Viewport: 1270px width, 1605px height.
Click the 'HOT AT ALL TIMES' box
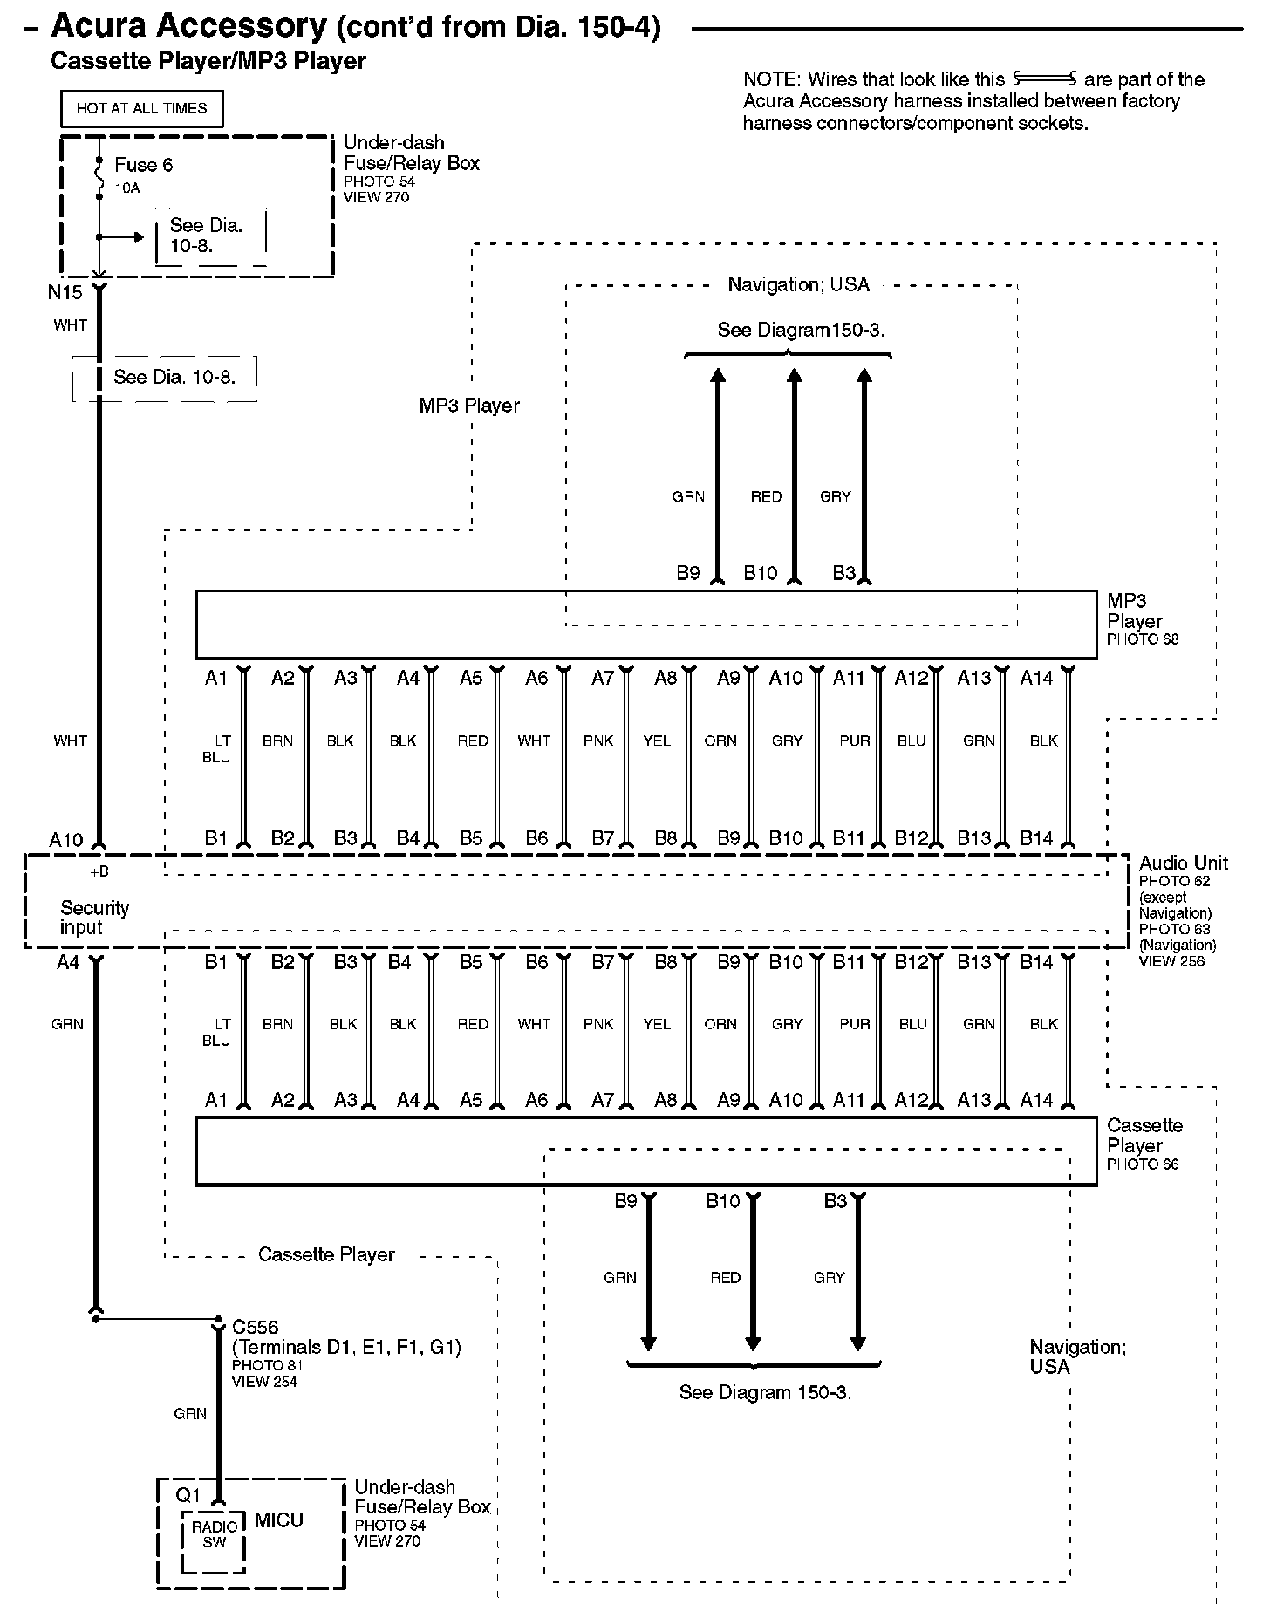pyautogui.click(x=141, y=109)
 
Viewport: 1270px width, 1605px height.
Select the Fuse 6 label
pyautogui.click(x=143, y=165)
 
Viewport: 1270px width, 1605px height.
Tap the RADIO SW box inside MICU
pyautogui.click(x=214, y=1534)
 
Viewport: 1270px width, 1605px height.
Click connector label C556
pyautogui.click(x=255, y=1327)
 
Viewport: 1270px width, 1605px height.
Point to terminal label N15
pyautogui.click(x=65, y=292)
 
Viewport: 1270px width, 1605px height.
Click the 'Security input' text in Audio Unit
pyautogui.click(x=94, y=918)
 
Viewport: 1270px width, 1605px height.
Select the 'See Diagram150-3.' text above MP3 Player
pyautogui.click(x=801, y=330)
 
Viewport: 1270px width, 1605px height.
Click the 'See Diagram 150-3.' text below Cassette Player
pyautogui.click(x=765, y=1392)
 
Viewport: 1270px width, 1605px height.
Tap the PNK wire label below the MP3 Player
pyautogui.click(x=598, y=741)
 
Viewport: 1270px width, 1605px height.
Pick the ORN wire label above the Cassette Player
pyautogui.click(x=720, y=1024)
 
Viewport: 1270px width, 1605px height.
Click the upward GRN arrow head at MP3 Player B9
pyautogui.click(x=717, y=376)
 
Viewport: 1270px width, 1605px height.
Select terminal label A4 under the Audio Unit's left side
pyautogui.click(x=68, y=962)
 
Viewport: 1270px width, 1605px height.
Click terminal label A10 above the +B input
pyautogui.click(x=65, y=840)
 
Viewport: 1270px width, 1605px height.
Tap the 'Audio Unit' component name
pyautogui.click(x=1183, y=863)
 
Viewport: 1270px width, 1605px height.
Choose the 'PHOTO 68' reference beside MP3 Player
pyautogui.click(x=1142, y=639)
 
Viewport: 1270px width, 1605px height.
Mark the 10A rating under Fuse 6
pyautogui.click(x=126, y=188)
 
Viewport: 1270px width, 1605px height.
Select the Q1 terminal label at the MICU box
pyautogui.click(x=188, y=1494)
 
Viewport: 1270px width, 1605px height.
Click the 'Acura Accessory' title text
pyautogui.click(x=188, y=26)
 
